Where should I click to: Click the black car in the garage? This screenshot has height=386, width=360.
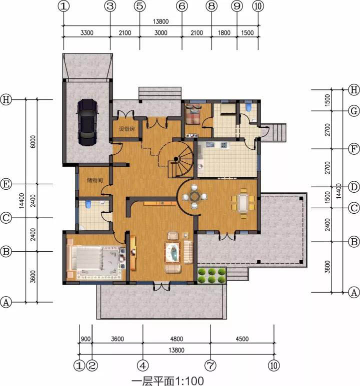(87, 122)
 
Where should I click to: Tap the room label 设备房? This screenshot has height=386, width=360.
(126, 129)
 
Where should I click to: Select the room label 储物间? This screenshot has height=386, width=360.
(94, 180)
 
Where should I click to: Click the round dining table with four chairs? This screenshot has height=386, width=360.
(194, 196)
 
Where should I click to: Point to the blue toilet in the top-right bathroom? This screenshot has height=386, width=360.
(248, 107)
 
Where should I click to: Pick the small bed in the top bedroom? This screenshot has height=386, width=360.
(193, 114)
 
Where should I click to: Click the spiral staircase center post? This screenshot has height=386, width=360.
(176, 159)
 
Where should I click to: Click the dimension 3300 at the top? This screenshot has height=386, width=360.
(87, 33)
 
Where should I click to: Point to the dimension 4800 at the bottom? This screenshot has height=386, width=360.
(176, 339)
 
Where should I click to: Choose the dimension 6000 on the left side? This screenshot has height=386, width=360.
(33, 141)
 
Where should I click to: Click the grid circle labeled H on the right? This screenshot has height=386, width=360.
(354, 90)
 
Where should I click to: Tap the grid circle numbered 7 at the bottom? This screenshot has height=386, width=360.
(210, 366)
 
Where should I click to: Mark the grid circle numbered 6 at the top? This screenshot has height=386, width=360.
(182, 6)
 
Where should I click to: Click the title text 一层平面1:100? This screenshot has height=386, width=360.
(167, 381)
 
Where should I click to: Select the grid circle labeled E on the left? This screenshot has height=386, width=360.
(6, 184)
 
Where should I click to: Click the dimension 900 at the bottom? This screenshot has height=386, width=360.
(85, 339)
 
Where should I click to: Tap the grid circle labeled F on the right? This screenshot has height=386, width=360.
(354, 149)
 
